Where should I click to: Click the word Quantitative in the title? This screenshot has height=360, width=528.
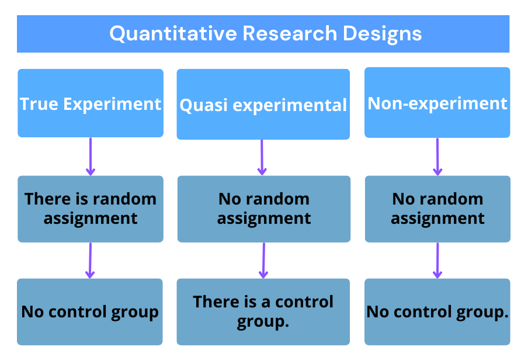tap(173, 34)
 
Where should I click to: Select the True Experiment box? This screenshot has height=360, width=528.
tap(91, 103)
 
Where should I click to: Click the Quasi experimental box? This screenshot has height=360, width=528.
tap(263, 105)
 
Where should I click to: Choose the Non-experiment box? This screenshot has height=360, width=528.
tap(437, 103)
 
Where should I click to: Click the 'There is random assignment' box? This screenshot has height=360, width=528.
tap(91, 209)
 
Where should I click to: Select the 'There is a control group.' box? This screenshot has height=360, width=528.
tap(263, 311)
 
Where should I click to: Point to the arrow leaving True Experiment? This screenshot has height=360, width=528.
tap(90, 156)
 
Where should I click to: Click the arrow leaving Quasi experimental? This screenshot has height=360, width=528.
tap(262, 157)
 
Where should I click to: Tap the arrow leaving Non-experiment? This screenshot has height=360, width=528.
tap(437, 156)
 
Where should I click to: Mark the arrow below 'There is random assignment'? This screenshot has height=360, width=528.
tap(90, 260)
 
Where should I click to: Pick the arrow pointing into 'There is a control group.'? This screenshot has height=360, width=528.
tap(263, 260)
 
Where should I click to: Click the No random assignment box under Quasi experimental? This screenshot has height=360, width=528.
tap(263, 209)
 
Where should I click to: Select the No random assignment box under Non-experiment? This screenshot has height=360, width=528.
tap(437, 209)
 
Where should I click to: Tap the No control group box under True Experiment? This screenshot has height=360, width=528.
tap(90, 311)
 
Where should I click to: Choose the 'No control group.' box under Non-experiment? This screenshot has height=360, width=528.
tap(437, 311)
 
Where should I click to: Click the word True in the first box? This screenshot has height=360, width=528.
tap(39, 104)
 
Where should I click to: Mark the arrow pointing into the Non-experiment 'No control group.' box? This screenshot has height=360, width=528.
tap(437, 260)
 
